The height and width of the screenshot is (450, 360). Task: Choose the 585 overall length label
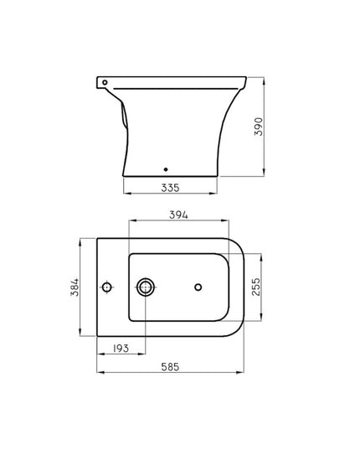172,367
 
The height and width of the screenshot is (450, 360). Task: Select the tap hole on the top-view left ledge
107,287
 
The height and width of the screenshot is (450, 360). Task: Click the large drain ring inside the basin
146,287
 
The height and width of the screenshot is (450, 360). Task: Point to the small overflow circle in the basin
198,287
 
